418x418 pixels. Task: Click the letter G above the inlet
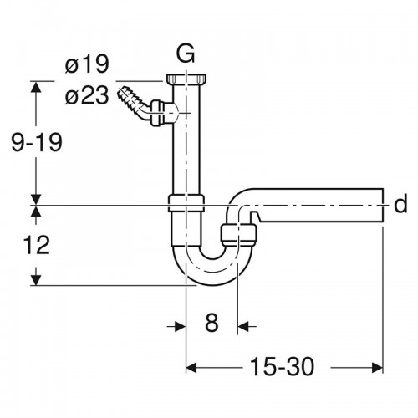tap(186, 54)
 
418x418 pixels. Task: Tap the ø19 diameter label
tap(87, 64)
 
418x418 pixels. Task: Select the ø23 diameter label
tap(87, 96)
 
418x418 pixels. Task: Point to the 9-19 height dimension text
tap(37, 142)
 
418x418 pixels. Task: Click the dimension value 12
tap(37, 245)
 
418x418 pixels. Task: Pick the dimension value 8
tap(212, 323)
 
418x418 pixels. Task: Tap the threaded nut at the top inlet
tap(186, 79)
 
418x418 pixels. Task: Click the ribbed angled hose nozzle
tap(134, 103)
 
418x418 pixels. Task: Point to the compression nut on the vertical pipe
tap(186, 203)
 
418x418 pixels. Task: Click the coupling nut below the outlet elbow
tap(239, 235)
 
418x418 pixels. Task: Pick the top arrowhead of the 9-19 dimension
tap(36, 87)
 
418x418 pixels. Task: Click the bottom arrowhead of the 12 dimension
tap(36, 280)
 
